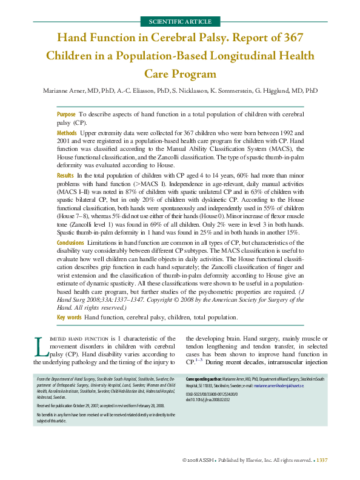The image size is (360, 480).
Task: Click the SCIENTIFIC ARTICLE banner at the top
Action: (180, 21)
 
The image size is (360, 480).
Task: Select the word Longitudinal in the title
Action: (230, 56)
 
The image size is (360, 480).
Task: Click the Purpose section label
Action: (66, 114)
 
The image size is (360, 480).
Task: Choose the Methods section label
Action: (67, 132)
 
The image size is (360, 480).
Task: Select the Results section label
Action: (65, 175)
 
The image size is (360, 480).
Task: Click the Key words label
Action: (69, 318)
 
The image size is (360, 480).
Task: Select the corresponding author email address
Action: (279, 385)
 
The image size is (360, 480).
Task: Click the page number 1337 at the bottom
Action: (322, 461)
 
